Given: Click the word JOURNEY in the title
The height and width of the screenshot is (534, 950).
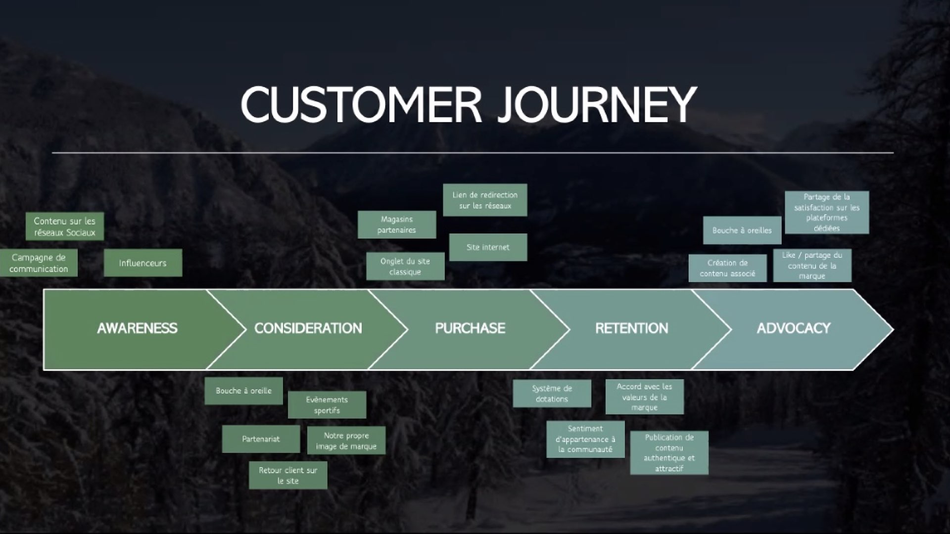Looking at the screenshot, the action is [597, 104].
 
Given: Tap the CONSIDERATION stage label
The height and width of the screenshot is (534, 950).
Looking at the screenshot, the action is [308, 328].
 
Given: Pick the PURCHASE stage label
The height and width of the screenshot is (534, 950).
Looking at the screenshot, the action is [470, 328].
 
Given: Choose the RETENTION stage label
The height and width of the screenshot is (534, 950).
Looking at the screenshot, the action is [631, 328].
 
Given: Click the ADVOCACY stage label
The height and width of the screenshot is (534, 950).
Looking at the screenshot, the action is [793, 328].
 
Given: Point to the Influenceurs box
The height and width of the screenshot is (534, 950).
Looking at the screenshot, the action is [143, 263].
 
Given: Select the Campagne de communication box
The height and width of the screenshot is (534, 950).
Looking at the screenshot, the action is [39, 263].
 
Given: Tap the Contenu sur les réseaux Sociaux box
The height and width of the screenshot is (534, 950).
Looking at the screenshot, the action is [65, 226].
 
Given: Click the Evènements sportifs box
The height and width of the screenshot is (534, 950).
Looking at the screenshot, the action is [327, 405].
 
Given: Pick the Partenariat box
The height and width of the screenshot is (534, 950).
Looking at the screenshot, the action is [261, 439].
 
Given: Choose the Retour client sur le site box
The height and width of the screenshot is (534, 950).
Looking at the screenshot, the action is [288, 476].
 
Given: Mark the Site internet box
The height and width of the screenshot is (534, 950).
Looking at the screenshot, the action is [488, 247].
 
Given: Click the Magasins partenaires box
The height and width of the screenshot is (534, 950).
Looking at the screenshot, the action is [397, 224].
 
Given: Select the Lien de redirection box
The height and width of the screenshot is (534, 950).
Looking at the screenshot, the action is [485, 200].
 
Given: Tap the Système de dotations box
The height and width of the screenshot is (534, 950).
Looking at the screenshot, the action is [552, 394].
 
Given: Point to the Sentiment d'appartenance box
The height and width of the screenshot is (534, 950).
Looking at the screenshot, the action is [585, 439].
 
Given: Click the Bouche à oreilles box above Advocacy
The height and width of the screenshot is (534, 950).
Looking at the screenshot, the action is [742, 230].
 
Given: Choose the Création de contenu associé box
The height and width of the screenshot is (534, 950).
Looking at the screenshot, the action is [727, 268].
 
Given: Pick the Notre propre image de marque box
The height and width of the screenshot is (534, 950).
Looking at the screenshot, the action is [346, 441].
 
